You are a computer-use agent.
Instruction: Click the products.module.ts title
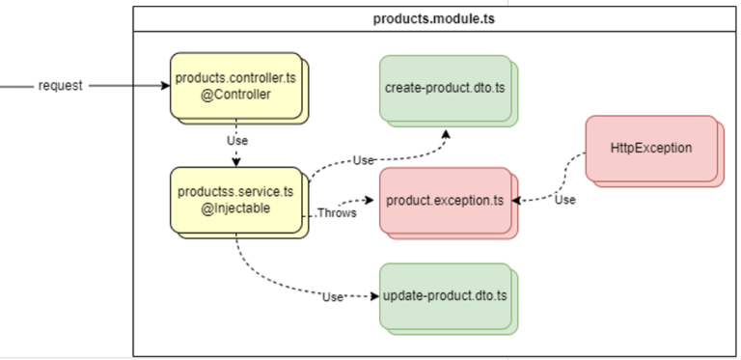(x=435, y=18)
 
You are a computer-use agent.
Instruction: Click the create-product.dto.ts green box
(x=444, y=88)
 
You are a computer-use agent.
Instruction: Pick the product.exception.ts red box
(x=444, y=201)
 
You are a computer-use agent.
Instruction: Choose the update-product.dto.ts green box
(x=444, y=294)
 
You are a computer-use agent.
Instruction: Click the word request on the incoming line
(x=60, y=86)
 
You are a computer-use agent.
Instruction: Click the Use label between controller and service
(x=236, y=140)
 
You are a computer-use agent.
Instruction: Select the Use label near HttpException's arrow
(x=565, y=200)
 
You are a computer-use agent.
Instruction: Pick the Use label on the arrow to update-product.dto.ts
(x=333, y=296)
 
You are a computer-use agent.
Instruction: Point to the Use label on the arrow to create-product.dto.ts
(x=363, y=159)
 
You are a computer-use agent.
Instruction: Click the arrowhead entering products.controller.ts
(x=166, y=86)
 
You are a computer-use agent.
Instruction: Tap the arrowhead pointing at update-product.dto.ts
(x=374, y=295)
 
